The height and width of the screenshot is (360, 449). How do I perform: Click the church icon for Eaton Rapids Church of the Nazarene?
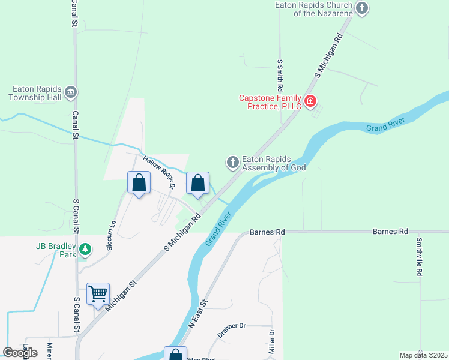click(361, 8)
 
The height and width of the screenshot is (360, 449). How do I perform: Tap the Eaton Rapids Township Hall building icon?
click(71, 92)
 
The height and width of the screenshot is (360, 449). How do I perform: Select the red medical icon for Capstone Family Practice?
click(310, 101)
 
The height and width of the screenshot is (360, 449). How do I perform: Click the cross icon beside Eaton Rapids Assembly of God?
click(232, 162)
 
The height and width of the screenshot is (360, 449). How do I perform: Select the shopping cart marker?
click(98, 295)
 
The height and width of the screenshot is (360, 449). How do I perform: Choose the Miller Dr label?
click(272, 341)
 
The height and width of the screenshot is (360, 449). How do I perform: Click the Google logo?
click(20, 353)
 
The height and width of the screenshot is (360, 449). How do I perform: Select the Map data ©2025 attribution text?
click(423, 355)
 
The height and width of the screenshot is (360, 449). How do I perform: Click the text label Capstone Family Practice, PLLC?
click(269, 102)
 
